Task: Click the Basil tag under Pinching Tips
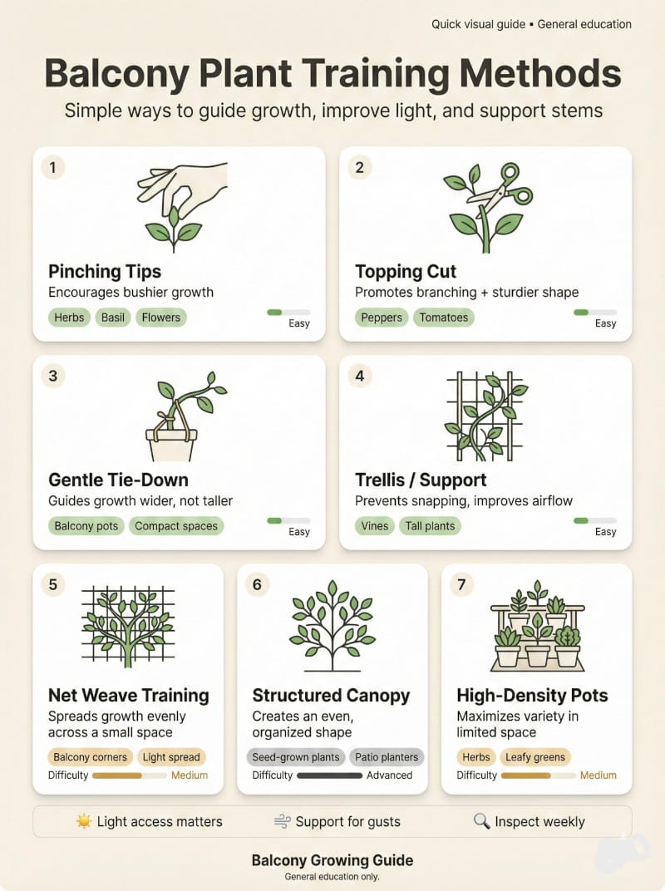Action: (x=112, y=318)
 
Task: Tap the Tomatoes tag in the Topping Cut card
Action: (x=444, y=318)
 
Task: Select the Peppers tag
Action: (x=382, y=318)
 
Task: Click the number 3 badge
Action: (x=53, y=376)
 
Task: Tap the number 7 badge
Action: (x=461, y=584)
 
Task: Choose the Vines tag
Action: (x=375, y=526)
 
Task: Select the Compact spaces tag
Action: (x=176, y=526)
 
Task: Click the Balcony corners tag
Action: (x=91, y=757)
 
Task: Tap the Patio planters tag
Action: (x=387, y=757)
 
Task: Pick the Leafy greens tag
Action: (x=534, y=757)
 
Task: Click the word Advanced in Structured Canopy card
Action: (x=389, y=775)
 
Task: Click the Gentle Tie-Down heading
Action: (x=118, y=480)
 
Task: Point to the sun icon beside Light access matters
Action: (x=83, y=821)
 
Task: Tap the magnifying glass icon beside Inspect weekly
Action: (x=481, y=821)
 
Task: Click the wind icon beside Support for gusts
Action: (x=283, y=821)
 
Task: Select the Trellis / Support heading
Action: (x=421, y=480)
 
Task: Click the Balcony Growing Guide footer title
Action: (x=332, y=860)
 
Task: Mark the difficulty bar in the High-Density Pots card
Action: (x=538, y=775)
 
